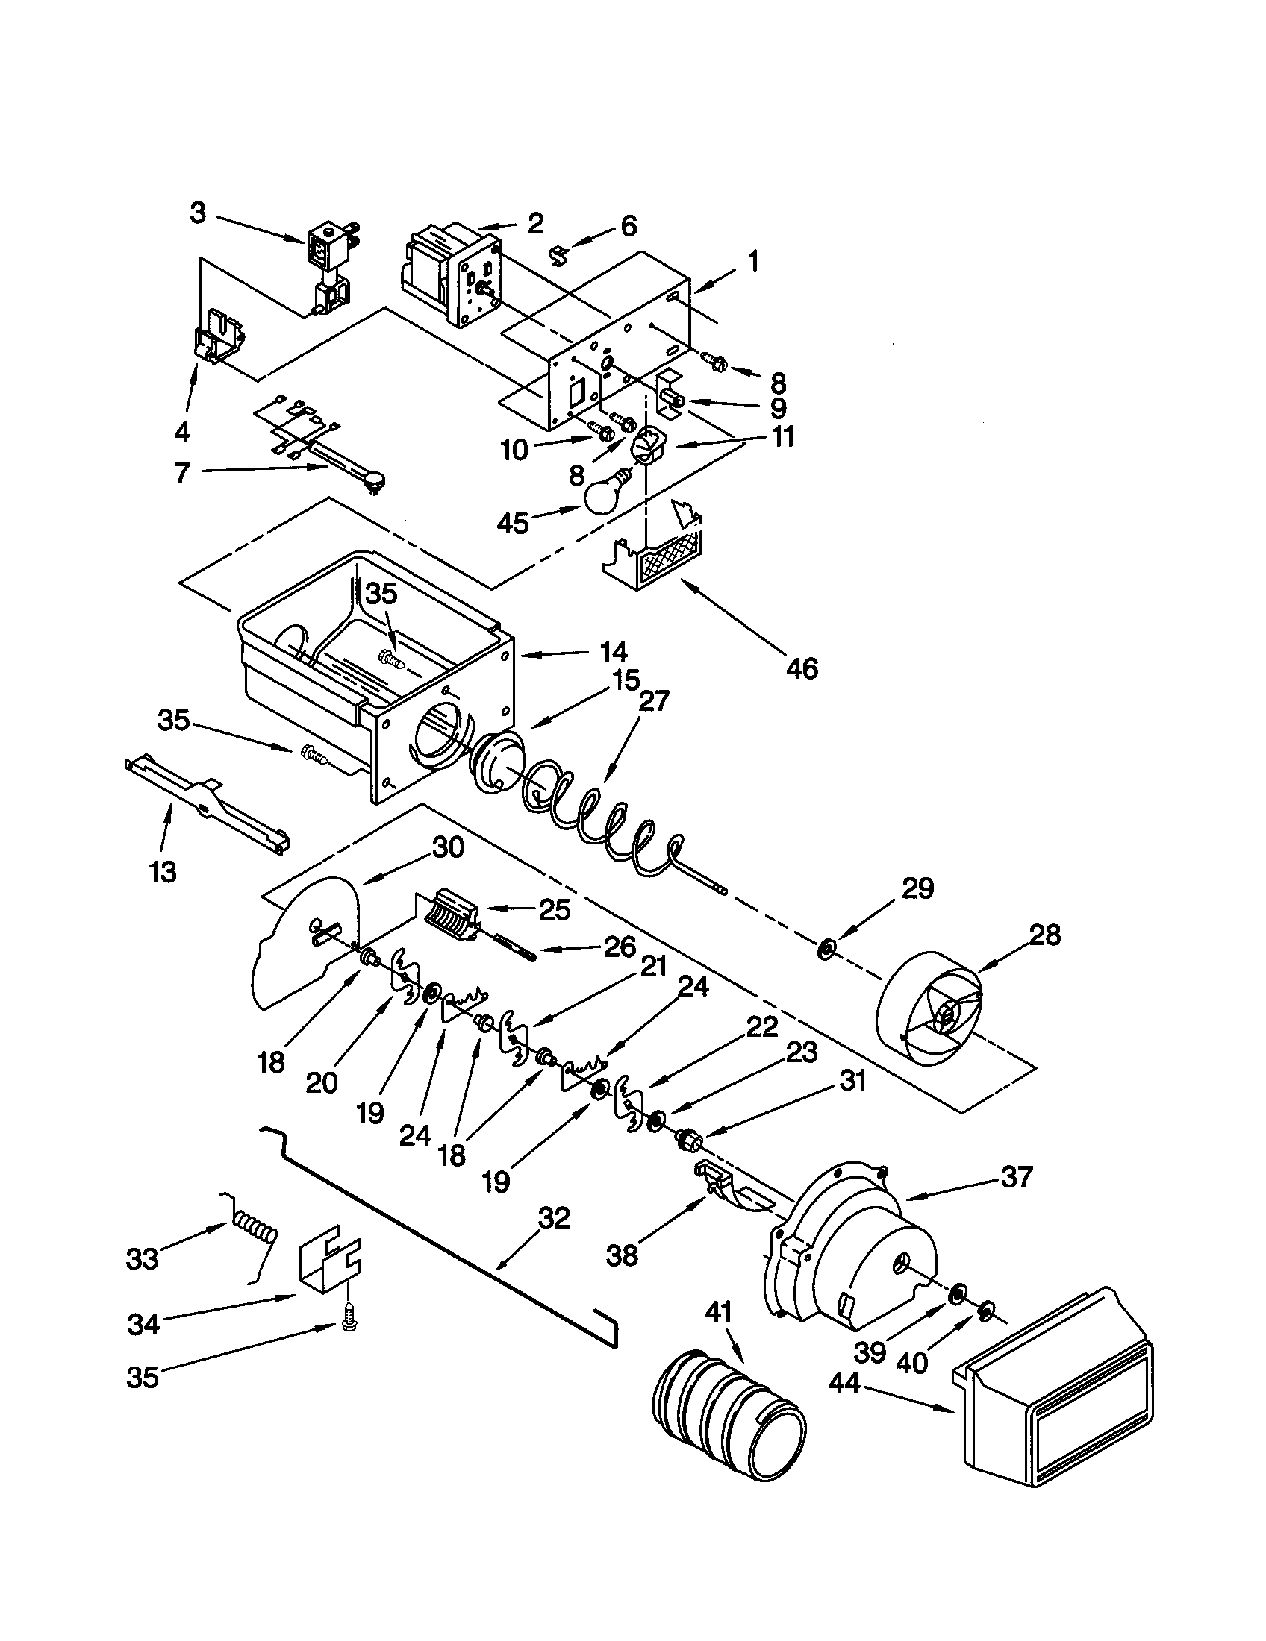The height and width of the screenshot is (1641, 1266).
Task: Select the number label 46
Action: click(802, 668)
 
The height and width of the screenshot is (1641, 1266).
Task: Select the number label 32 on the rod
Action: click(554, 1218)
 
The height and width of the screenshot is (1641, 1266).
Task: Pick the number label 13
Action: click(163, 871)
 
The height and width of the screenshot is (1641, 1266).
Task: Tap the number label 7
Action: click(182, 474)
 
